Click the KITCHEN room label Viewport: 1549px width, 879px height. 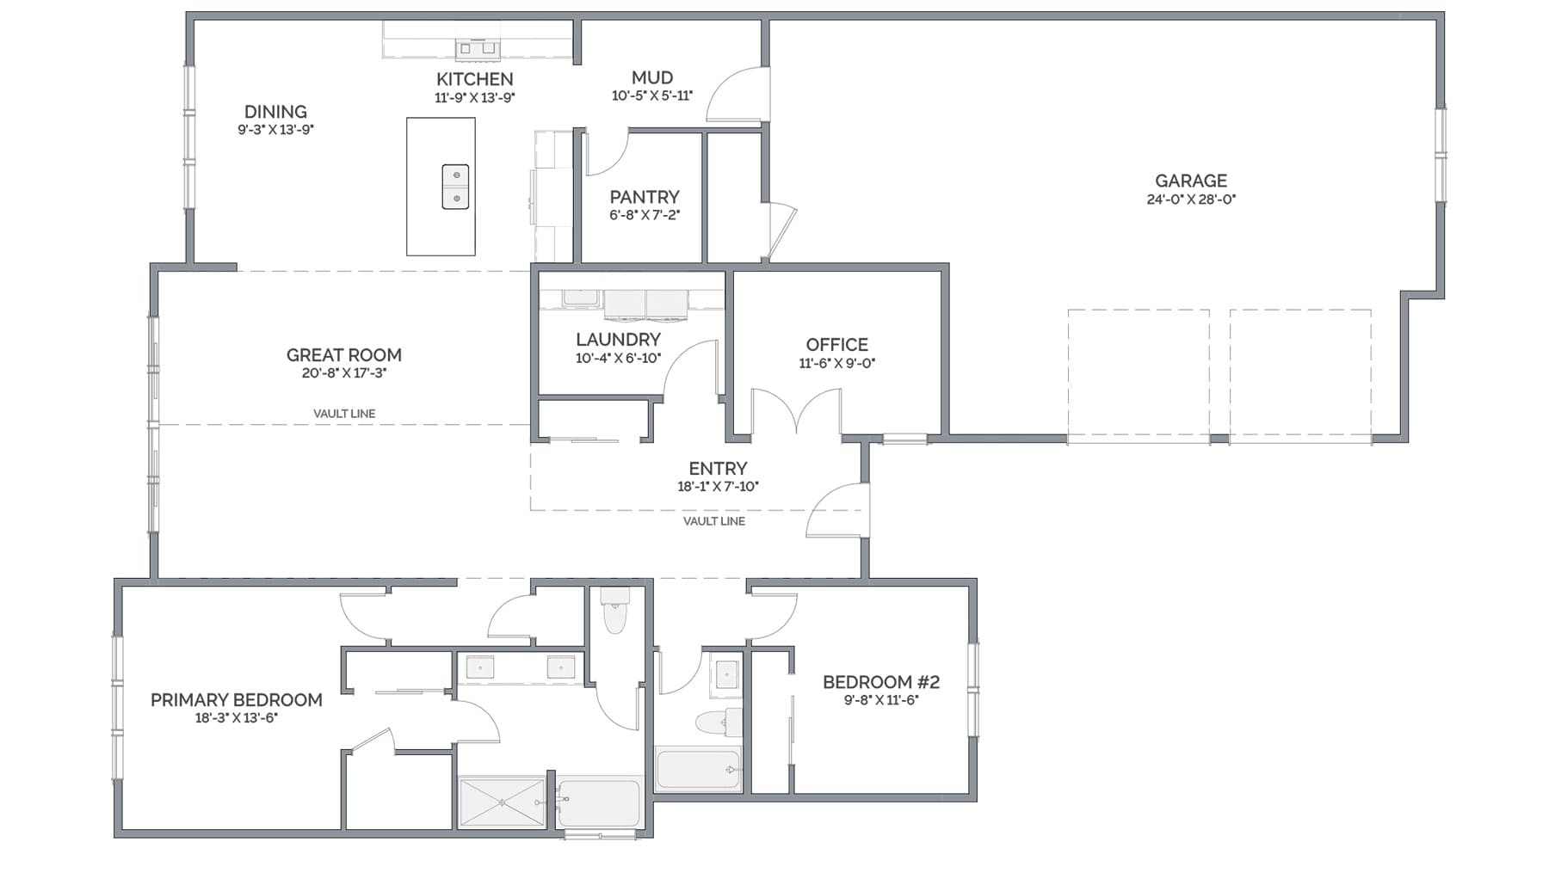pos(474,79)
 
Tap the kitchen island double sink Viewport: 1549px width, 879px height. pos(455,187)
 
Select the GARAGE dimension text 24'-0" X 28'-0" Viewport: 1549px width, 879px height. pos(1191,200)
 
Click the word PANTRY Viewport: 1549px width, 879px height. pos(645,197)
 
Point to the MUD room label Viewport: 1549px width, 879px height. pos(652,77)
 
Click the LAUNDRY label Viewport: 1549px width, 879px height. pos(618,340)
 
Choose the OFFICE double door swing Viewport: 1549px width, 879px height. pos(797,411)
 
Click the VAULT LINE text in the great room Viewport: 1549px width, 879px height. pos(344,414)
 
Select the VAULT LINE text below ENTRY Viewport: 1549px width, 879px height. pos(714,521)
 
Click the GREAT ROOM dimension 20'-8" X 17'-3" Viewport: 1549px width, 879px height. pos(344,373)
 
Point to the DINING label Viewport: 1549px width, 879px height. pos(275,112)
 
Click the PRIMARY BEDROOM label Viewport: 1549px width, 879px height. pos(237,700)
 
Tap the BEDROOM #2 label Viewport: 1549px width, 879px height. pos(881,682)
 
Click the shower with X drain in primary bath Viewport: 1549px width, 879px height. pos(502,802)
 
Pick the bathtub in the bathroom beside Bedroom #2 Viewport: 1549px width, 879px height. pos(698,769)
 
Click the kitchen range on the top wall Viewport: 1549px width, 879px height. pos(477,48)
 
